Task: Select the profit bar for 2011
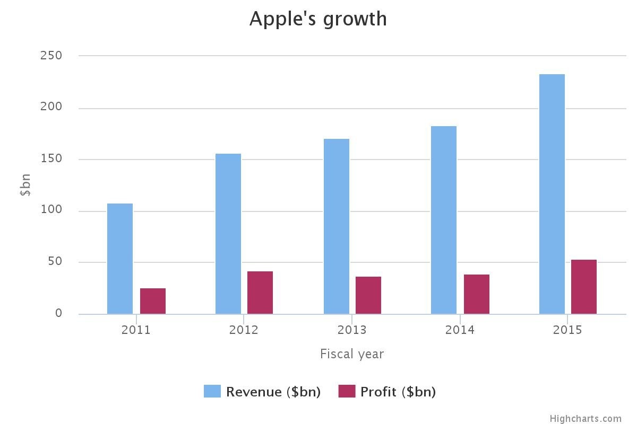tap(153, 301)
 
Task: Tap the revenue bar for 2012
tap(228, 234)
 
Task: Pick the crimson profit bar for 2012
tap(260, 293)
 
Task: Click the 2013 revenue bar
tap(337, 226)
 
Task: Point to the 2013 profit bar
tap(368, 295)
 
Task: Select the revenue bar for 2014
tap(444, 220)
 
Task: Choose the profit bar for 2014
tap(477, 294)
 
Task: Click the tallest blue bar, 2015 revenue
tap(552, 194)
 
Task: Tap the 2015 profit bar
tap(584, 287)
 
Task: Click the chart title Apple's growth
tap(318, 19)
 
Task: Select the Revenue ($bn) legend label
tap(273, 392)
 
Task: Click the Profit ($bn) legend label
tap(398, 392)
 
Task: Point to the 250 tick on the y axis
tap(51, 55)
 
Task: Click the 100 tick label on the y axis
tap(51, 210)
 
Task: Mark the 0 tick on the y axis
tap(58, 313)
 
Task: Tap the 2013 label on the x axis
tap(352, 330)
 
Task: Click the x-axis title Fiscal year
tap(352, 354)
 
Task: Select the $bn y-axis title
tap(25, 185)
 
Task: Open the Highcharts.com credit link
tap(585, 419)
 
